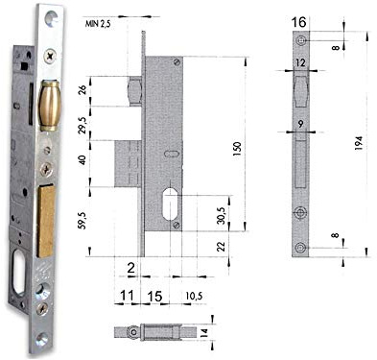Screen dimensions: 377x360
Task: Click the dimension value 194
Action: (x=359, y=143)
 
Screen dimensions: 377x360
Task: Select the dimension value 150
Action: (x=238, y=149)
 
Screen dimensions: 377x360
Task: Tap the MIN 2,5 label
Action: (x=98, y=24)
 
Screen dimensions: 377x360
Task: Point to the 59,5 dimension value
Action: (x=82, y=220)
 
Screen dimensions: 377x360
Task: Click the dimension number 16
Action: (x=298, y=22)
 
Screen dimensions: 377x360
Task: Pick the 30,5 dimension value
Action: (x=223, y=215)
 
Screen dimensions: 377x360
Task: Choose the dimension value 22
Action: (x=222, y=246)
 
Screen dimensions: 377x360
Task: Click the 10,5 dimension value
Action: (x=194, y=296)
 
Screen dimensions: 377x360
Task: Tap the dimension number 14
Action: (x=204, y=332)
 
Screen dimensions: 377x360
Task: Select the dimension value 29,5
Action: (x=82, y=124)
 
